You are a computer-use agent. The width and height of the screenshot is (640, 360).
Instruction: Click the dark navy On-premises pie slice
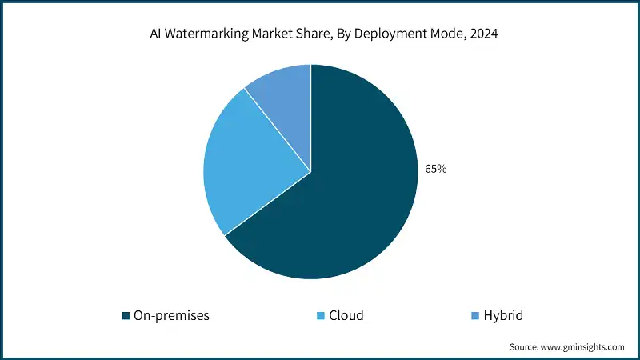352,200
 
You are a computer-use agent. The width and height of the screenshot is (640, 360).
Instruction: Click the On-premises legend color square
126,316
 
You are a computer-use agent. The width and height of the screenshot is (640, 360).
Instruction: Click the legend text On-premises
172,315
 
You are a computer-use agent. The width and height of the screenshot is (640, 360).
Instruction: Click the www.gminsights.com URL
583,347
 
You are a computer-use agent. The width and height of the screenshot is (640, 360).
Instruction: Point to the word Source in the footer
525,347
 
